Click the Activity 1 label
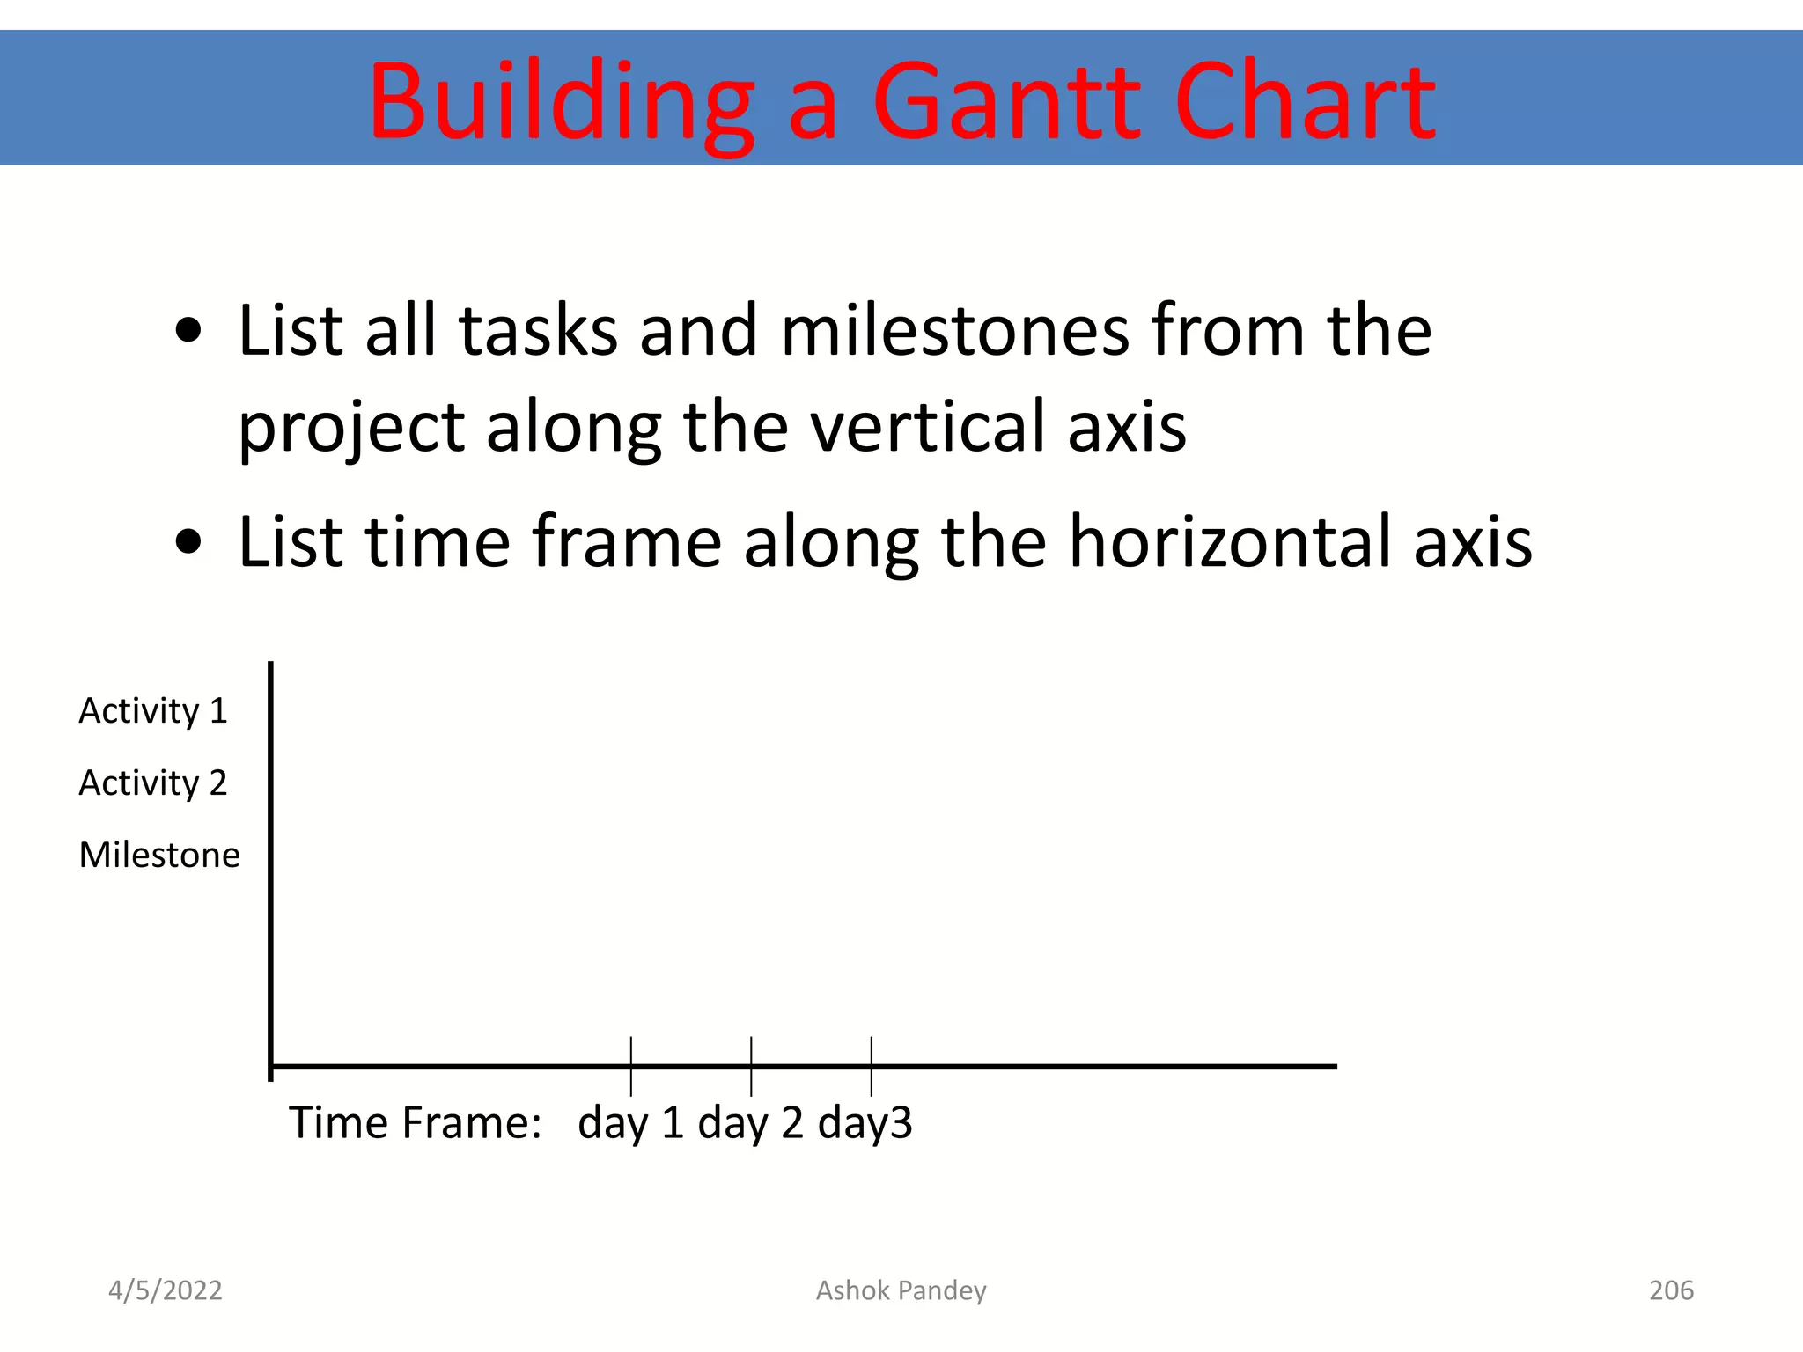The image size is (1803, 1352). pos(153,711)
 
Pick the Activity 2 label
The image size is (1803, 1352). pos(153,783)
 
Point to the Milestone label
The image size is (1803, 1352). pos(159,856)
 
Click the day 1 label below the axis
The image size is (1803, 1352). pos(630,1124)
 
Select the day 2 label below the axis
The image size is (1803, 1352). pos(750,1124)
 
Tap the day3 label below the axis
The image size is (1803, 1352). pos(865,1124)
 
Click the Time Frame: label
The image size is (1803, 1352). pos(415,1124)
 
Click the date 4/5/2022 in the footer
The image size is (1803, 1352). pos(166,1290)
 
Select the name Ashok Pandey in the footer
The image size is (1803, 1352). pos(901,1290)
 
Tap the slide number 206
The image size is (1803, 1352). pos(1671,1290)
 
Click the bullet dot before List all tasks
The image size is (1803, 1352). pos(188,333)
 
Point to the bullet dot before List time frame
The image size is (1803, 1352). pos(188,542)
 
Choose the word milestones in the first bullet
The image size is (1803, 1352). pos(954,331)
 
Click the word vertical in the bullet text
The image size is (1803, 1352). pos(926,428)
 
